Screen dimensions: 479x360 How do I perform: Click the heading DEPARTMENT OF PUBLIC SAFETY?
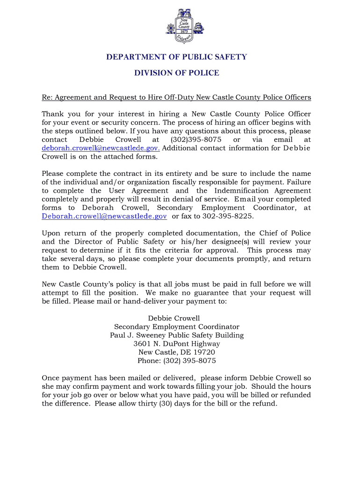pos(176,57)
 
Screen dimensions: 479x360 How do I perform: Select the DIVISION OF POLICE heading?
pos(176,73)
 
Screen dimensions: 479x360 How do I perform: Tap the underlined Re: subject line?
pos(176,97)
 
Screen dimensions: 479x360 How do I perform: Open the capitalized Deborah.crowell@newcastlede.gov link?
pos(104,216)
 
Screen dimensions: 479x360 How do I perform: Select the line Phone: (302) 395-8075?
pos(176,361)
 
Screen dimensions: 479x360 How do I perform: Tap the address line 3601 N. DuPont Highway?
pos(176,344)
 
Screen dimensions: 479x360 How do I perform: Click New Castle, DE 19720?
pos(176,352)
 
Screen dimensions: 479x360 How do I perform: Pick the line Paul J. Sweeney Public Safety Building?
pos(176,335)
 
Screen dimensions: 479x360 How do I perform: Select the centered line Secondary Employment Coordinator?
pos(176,327)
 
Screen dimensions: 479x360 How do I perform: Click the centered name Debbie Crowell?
pos(176,319)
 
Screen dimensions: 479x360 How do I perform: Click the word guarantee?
pos(222,293)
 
